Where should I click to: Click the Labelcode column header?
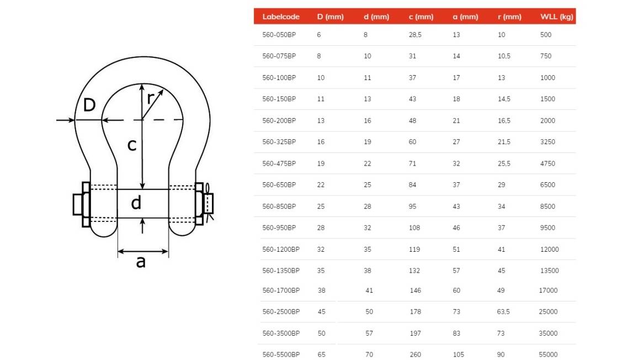tap(281, 17)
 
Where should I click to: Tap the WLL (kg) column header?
tap(557, 17)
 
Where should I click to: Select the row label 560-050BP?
tap(279, 35)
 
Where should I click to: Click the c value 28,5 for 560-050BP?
tap(416, 35)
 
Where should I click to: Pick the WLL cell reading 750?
tap(546, 56)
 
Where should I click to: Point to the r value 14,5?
tap(504, 99)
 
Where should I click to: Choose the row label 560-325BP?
tap(279, 142)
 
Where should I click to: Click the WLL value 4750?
tap(548, 163)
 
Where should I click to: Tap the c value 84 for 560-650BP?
tap(412, 184)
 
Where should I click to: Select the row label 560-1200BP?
tap(281, 249)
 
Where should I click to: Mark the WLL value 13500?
tap(550, 271)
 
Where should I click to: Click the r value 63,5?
tap(503, 311)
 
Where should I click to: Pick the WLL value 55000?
tap(548, 354)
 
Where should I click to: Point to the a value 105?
tap(459, 354)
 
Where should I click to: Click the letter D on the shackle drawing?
tap(89, 105)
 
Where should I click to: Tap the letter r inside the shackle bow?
tap(151, 98)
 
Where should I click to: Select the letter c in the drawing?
tap(132, 145)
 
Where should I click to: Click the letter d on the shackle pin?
tap(136, 202)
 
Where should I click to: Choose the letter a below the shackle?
tap(141, 262)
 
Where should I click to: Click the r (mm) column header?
tap(509, 17)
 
